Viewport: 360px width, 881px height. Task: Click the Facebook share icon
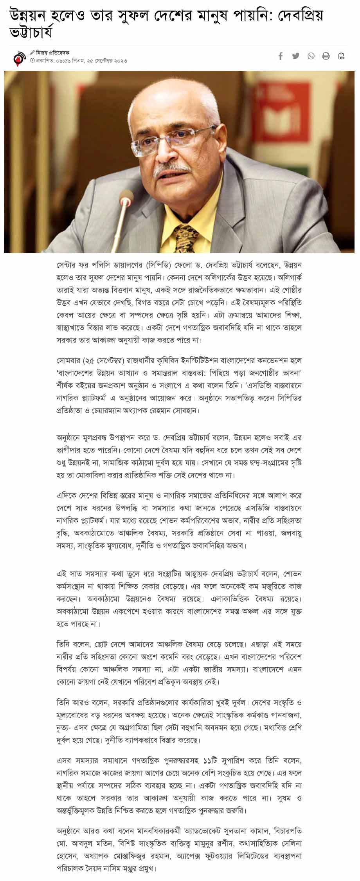pos(281,56)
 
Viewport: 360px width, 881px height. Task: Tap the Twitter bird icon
pos(296,56)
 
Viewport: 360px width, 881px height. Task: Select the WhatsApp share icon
pos(311,56)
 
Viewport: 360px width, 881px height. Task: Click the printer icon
pos(326,56)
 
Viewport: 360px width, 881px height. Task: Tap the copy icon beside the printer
pos(341,56)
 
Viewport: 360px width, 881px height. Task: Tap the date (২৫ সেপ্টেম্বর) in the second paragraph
pos(102,360)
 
